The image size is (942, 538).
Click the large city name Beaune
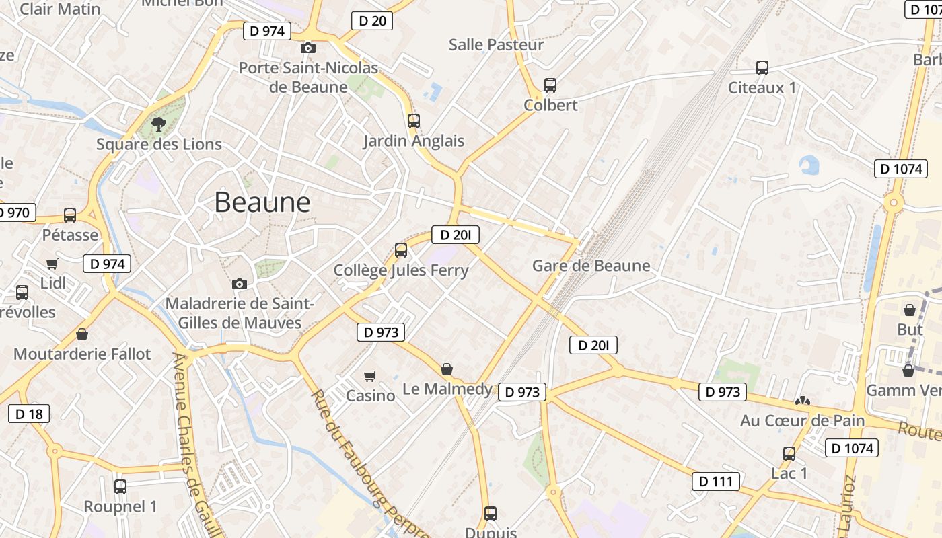tap(262, 202)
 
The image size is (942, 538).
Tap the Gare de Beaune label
tap(591, 266)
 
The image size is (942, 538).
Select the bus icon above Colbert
tap(550, 85)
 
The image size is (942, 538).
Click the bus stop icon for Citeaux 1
tap(762, 68)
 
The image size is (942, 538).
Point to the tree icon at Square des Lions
tap(159, 124)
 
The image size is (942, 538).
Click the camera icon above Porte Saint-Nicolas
tap(308, 48)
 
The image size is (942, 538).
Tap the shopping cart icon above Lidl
tap(52, 264)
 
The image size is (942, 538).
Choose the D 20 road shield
tap(372, 21)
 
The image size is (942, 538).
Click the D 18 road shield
tap(29, 414)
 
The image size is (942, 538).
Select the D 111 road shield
tap(716, 481)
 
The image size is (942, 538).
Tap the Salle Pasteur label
tap(496, 45)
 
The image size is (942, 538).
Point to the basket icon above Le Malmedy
tap(447, 369)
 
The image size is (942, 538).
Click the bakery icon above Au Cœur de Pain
tap(802, 401)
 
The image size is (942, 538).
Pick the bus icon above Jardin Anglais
tap(414, 121)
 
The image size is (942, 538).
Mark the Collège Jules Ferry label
tap(401, 270)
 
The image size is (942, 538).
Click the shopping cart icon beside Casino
tap(369, 376)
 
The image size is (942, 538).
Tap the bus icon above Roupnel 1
tap(120, 486)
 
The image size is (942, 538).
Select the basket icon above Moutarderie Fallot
tap(82, 334)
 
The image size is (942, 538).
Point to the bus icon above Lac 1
tap(789, 454)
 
